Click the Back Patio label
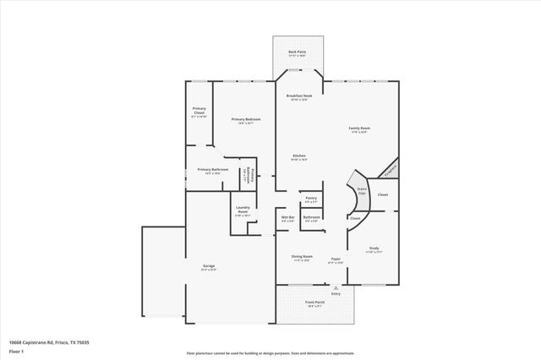point(297,52)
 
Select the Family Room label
point(359,129)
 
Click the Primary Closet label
point(199,112)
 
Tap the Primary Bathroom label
point(213,171)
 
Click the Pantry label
point(310,199)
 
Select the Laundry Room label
point(243,210)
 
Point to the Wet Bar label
point(287,219)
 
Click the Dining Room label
point(303,257)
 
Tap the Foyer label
point(336,259)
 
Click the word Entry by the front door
point(336,293)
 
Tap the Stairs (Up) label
point(362,191)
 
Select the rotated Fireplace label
point(389,169)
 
